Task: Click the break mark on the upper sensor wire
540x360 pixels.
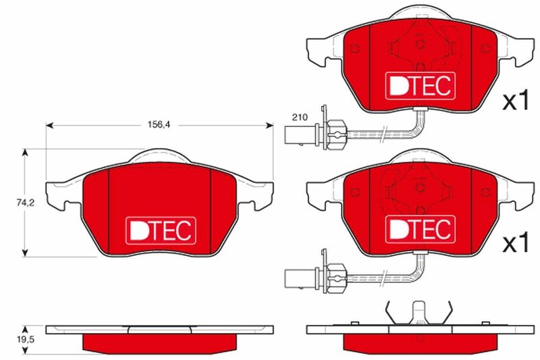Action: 384,132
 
